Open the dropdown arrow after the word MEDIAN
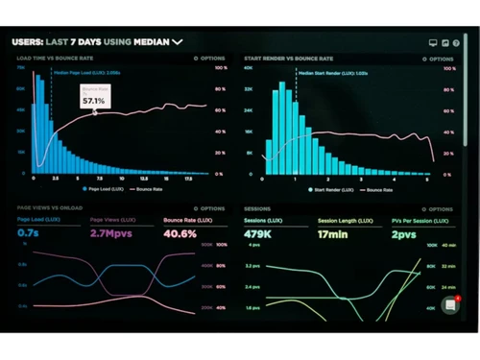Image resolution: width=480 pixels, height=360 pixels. (x=178, y=41)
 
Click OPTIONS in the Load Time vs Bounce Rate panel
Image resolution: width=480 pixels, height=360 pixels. (x=210, y=59)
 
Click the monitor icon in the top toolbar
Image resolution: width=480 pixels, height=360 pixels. (x=433, y=42)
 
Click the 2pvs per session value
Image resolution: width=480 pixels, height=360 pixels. (x=402, y=233)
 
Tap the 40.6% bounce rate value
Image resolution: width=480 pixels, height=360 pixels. (x=180, y=233)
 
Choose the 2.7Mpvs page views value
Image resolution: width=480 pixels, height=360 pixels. (x=112, y=233)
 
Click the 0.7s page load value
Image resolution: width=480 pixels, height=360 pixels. (x=28, y=233)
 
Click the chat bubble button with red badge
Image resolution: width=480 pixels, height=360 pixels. (x=449, y=306)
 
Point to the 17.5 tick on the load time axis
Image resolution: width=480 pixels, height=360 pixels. (x=188, y=179)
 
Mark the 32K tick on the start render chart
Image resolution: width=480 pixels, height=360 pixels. (x=248, y=89)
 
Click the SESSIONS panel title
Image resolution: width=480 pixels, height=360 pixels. (x=256, y=207)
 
